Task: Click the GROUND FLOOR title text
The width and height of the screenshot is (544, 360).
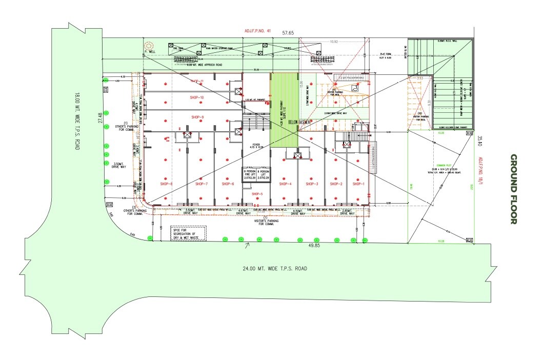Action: point(513,189)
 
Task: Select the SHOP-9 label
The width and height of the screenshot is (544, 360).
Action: point(197,117)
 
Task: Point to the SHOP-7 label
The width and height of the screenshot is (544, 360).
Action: point(201,184)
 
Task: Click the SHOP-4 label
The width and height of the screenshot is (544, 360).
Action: point(286,184)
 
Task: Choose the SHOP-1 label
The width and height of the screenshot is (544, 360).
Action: point(358,184)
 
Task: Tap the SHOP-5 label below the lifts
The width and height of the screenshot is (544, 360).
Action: point(257,194)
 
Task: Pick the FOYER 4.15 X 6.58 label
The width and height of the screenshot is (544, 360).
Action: point(256,147)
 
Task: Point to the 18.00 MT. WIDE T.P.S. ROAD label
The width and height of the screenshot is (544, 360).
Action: point(77,121)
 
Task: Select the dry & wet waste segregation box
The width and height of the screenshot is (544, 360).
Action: point(188,233)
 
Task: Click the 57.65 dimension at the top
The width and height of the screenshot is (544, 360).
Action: point(289,33)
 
